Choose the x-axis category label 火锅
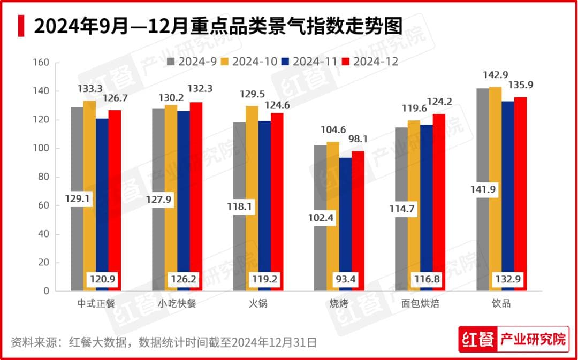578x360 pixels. click(x=258, y=304)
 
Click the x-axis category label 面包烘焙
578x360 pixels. click(x=421, y=304)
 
